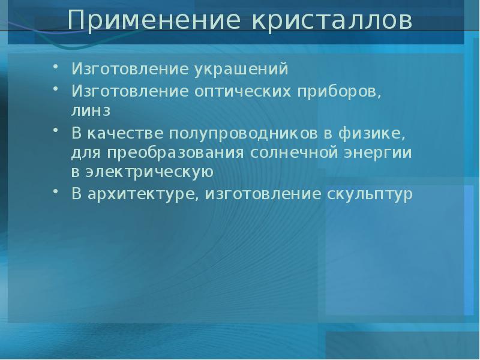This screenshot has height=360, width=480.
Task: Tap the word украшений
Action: (x=241, y=70)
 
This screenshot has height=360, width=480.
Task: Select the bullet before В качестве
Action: (x=56, y=132)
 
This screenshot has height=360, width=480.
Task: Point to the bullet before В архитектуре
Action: (x=56, y=194)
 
